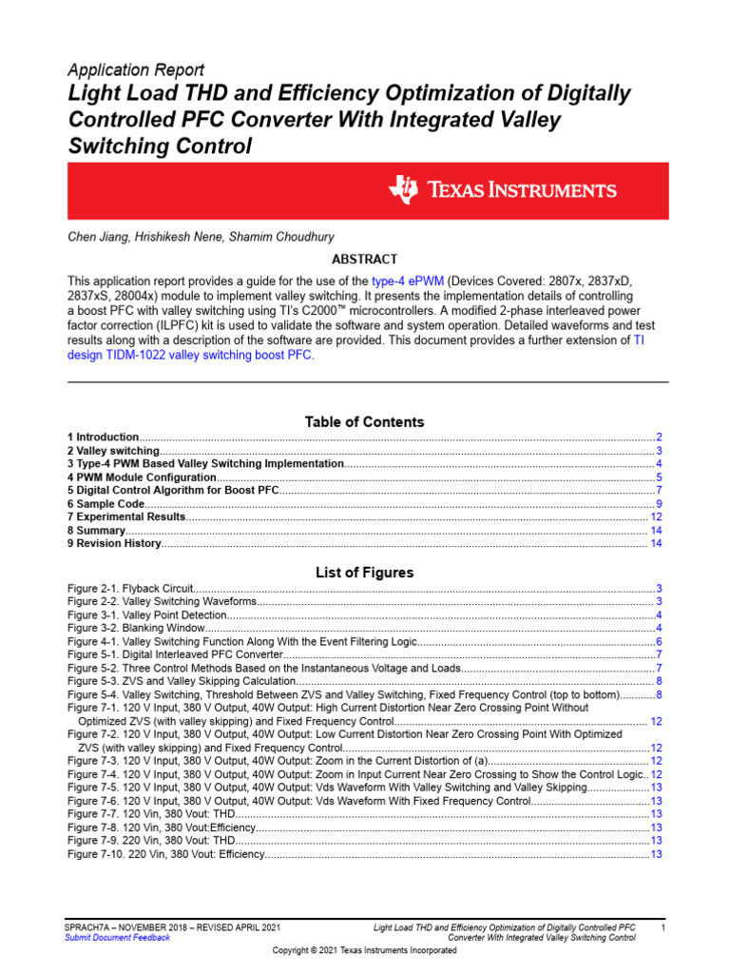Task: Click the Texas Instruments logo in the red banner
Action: click(502, 190)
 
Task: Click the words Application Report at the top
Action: click(135, 70)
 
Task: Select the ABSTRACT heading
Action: click(364, 259)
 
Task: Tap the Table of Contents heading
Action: click(364, 421)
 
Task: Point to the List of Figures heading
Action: click(364, 573)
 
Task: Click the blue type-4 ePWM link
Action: click(409, 282)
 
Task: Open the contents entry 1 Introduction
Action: click(104, 437)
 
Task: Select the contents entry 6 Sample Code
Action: click(106, 503)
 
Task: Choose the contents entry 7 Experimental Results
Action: click(126, 516)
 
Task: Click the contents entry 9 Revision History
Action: click(114, 543)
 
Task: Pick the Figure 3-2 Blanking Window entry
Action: click(135, 629)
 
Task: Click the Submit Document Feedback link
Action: click(117, 937)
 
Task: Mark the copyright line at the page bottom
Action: click(364, 951)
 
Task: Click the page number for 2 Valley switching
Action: click(659, 450)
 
